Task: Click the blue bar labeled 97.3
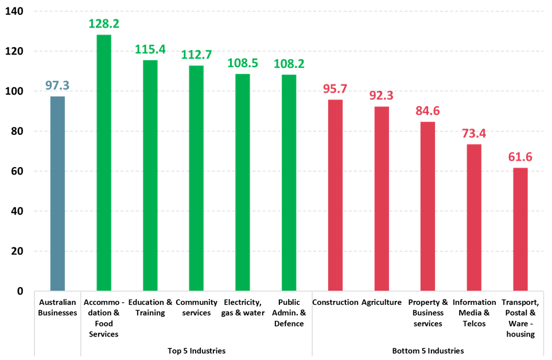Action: (x=57, y=193)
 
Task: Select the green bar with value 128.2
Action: (x=104, y=162)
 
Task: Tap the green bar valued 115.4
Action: (x=150, y=175)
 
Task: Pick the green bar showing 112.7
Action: (x=196, y=178)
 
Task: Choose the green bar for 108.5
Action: (x=243, y=182)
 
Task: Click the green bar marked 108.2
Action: (x=289, y=182)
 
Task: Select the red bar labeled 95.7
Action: (x=335, y=195)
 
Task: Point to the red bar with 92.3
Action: (x=382, y=199)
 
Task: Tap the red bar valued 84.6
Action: (x=427, y=206)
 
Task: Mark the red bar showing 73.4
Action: (x=474, y=217)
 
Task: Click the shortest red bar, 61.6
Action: (x=520, y=229)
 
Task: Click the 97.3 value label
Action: (x=57, y=86)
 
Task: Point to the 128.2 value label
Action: (x=104, y=24)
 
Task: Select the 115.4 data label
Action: (x=150, y=49)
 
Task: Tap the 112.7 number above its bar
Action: (x=196, y=55)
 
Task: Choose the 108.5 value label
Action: (x=243, y=63)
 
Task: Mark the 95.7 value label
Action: (x=335, y=89)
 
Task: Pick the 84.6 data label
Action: (x=427, y=111)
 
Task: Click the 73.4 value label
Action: (x=474, y=134)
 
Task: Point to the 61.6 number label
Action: (x=520, y=157)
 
